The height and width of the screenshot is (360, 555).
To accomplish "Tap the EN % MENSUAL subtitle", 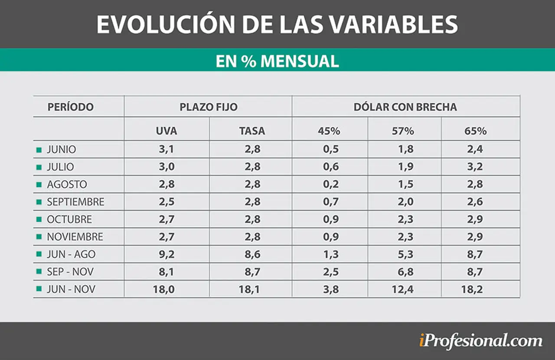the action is click(277, 61).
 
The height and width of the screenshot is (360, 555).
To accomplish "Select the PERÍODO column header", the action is click(71, 107).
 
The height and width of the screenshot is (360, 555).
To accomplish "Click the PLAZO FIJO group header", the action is click(209, 107).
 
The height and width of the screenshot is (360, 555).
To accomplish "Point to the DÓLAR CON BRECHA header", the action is click(405, 107).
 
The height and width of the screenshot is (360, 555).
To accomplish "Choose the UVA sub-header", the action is click(166, 131).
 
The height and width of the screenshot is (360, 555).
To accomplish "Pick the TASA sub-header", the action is click(252, 131).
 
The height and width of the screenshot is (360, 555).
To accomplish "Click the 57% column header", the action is click(403, 131).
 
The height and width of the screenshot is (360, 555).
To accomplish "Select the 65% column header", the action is click(476, 131).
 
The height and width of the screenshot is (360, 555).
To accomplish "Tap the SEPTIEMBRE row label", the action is click(75, 202).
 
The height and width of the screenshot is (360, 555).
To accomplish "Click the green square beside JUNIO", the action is click(39, 150).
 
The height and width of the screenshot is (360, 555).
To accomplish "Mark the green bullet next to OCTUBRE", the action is click(39, 219).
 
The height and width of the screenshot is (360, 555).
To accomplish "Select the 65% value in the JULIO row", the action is click(475, 167).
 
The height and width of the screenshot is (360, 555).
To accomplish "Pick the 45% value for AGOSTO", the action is click(331, 184).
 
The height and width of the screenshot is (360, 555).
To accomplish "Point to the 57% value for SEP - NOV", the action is click(405, 272).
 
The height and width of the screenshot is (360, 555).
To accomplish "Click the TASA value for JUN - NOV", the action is click(249, 289).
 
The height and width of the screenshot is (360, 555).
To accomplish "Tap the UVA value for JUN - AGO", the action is click(166, 254).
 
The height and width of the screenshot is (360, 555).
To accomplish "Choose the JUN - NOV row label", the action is click(71, 289).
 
